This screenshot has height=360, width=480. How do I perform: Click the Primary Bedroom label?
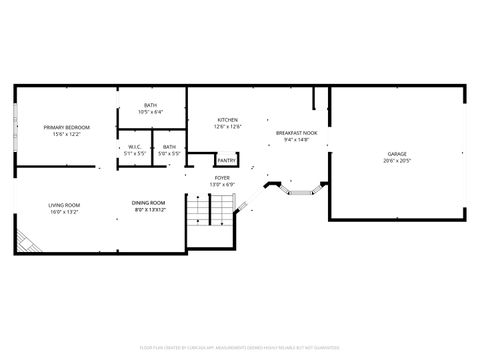click(x=66, y=127)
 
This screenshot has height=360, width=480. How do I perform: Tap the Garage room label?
click(x=397, y=154)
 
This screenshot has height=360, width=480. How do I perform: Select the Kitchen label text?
click(x=228, y=121)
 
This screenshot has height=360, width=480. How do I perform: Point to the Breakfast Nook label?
click(x=297, y=133)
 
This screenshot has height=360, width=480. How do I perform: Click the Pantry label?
click(x=227, y=160)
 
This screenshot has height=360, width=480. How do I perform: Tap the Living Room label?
click(x=64, y=205)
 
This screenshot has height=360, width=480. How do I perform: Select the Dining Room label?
click(x=149, y=204)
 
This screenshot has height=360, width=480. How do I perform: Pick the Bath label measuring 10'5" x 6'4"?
click(x=150, y=105)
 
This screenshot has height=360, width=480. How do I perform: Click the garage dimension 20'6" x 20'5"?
click(x=397, y=161)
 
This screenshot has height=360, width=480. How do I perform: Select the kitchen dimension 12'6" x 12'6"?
click(x=228, y=128)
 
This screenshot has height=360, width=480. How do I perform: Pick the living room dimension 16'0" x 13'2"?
click(x=64, y=212)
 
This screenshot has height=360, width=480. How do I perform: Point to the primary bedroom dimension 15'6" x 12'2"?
click(x=66, y=134)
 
